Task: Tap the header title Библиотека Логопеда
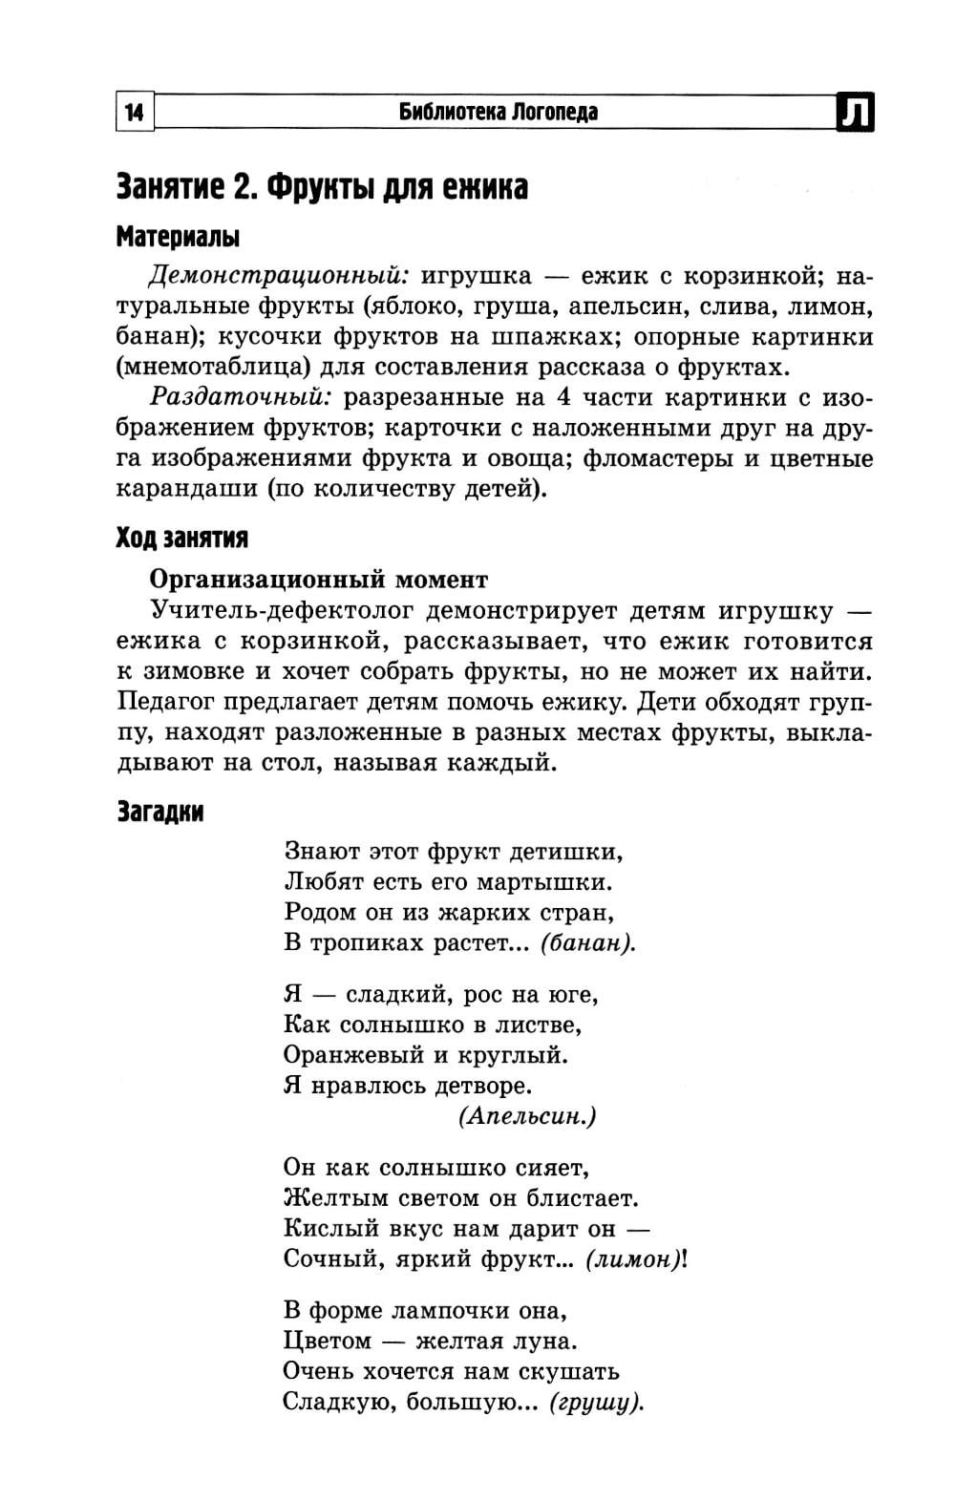click(499, 113)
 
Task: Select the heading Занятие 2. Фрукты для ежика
click(322, 186)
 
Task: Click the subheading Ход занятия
click(181, 539)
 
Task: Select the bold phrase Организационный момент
click(319, 580)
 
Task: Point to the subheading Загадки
click(159, 812)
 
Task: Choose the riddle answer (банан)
click(587, 942)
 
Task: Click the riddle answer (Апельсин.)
click(527, 1116)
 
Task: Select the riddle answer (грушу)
click(596, 1403)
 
